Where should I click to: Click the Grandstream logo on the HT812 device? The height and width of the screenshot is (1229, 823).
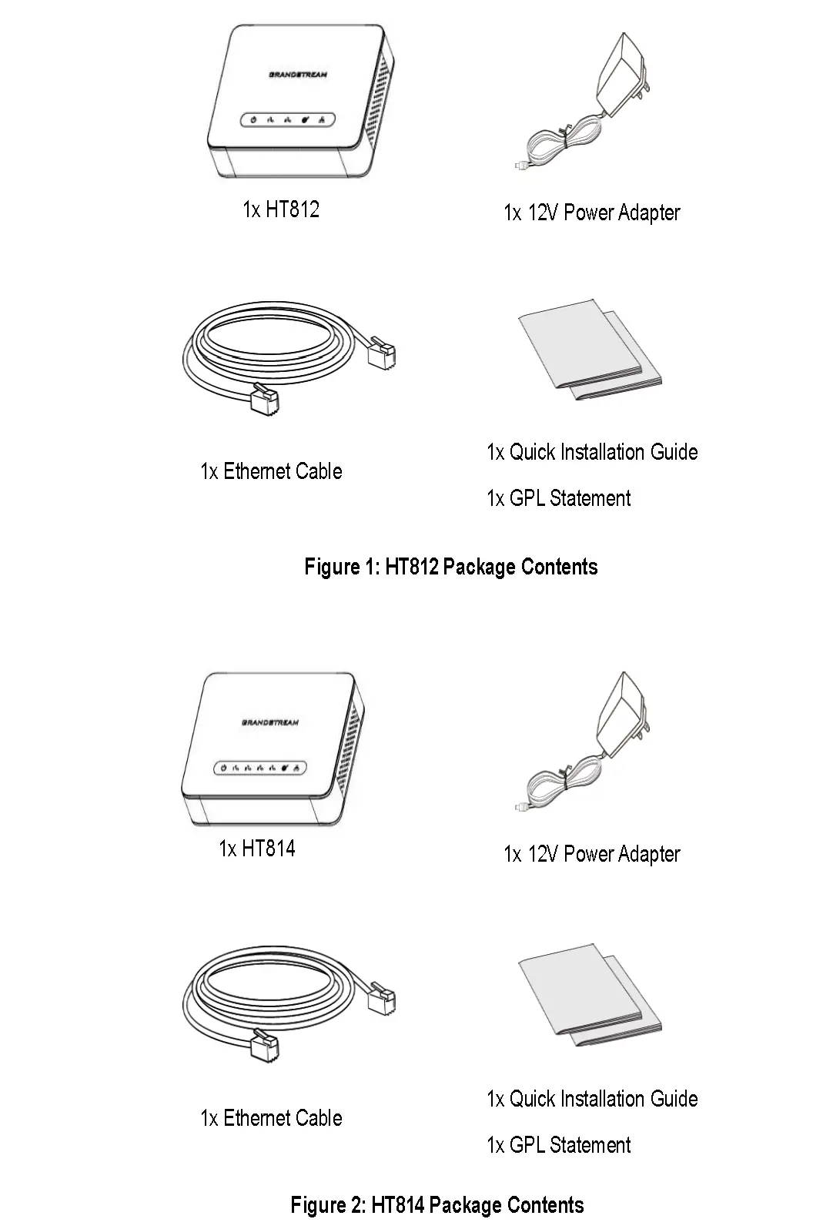click(x=298, y=75)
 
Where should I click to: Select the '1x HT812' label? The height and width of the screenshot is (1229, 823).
click(x=281, y=209)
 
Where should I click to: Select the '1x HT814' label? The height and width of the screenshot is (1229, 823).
click(x=257, y=849)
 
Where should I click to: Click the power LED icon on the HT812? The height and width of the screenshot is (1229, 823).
click(x=253, y=120)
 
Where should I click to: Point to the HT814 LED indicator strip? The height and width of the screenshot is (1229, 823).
click(x=261, y=768)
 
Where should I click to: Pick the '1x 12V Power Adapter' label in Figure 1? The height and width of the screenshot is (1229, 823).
click(x=591, y=213)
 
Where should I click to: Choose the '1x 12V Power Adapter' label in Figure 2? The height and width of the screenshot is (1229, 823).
click(x=591, y=854)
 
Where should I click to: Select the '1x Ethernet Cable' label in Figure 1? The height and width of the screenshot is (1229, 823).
click(x=271, y=471)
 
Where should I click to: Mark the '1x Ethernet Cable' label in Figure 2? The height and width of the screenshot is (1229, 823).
click(x=271, y=1118)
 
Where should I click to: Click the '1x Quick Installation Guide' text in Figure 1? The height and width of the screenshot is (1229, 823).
click(x=592, y=452)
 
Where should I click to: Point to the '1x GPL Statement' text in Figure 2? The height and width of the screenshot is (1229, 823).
click(x=558, y=1145)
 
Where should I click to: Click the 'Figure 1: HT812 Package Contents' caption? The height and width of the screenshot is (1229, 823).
click(x=451, y=568)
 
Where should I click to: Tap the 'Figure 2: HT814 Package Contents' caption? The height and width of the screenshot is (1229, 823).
click(x=437, y=1205)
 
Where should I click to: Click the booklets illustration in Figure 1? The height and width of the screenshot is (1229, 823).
click(x=589, y=350)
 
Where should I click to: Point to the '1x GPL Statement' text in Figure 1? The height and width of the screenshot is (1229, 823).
click(x=558, y=498)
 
